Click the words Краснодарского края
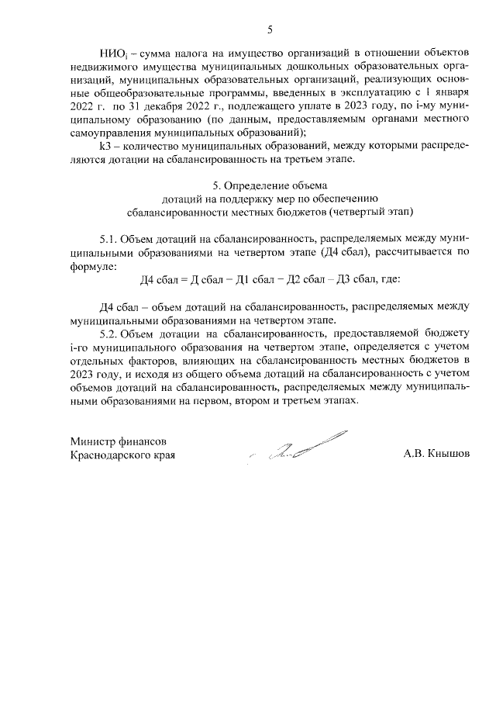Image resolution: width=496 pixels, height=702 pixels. [122, 455]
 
